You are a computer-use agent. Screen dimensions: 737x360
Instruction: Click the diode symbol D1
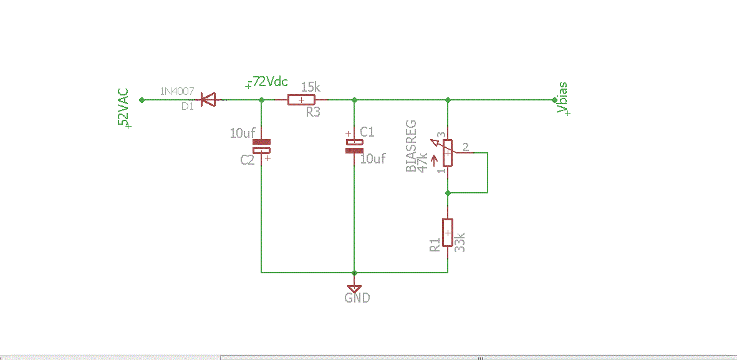coord(207,99)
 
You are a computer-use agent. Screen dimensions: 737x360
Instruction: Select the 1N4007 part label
coord(177,91)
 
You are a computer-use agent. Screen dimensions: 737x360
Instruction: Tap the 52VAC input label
coord(124,108)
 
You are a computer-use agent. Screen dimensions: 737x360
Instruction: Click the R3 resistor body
coord(301,100)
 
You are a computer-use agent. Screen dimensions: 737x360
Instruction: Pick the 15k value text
coord(311,87)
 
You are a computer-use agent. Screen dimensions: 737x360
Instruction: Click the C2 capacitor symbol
coord(262,147)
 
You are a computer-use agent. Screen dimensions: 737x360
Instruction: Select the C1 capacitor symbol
coord(354,147)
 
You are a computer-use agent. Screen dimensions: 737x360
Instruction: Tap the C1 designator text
coord(367,132)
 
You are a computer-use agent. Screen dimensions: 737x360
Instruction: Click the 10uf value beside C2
coord(243,133)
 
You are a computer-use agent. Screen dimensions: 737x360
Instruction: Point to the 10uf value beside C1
coord(373,159)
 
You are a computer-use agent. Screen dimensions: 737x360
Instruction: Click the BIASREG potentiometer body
coord(448,153)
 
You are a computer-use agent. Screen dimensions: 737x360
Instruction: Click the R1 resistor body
coord(448,233)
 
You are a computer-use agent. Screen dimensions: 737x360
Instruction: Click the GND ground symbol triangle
coord(354,288)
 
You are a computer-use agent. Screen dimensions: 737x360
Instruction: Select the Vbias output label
coord(562,99)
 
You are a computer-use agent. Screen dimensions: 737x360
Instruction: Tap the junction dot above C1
coord(354,100)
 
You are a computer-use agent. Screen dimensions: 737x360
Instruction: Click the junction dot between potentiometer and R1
coord(448,193)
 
